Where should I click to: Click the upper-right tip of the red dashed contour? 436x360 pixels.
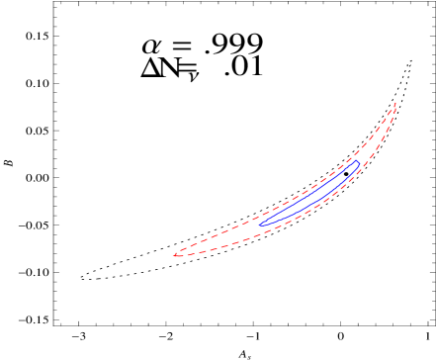(395, 103)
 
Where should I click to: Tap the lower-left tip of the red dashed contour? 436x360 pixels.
(175, 255)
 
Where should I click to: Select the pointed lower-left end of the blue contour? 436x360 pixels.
(260, 225)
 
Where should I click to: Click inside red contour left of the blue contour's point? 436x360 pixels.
(227, 238)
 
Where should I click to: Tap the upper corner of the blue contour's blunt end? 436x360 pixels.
(352, 160)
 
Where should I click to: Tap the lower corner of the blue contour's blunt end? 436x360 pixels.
(357, 167)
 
